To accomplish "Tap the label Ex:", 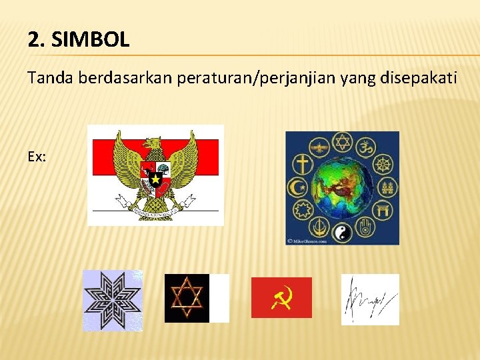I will click(x=37, y=156).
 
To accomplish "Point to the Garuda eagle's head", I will click(x=155, y=143).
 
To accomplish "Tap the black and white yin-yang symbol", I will click(x=342, y=233).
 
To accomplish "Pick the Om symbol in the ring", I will click(x=365, y=143).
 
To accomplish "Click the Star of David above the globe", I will click(x=343, y=141).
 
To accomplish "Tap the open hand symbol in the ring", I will click(x=365, y=229).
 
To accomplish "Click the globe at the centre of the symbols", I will click(x=342, y=186).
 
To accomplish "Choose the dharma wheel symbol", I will click(x=382, y=163).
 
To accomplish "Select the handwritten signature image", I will click(x=370, y=299).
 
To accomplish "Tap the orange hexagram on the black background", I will click(x=187, y=298).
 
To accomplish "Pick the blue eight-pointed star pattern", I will click(x=112, y=300).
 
